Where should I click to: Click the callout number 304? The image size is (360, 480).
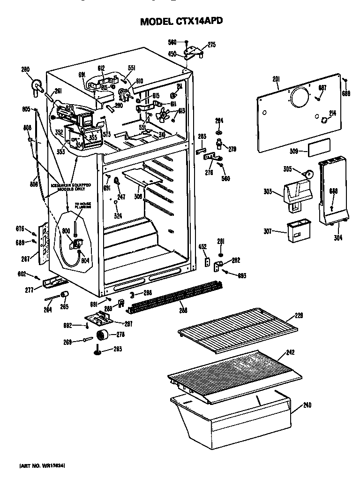click(338, 237)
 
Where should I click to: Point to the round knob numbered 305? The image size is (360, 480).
click(308, 174)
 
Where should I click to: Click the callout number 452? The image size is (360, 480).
click(202, 246)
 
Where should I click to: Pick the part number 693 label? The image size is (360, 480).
click(241, 275)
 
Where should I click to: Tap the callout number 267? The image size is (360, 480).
click(27, 259)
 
